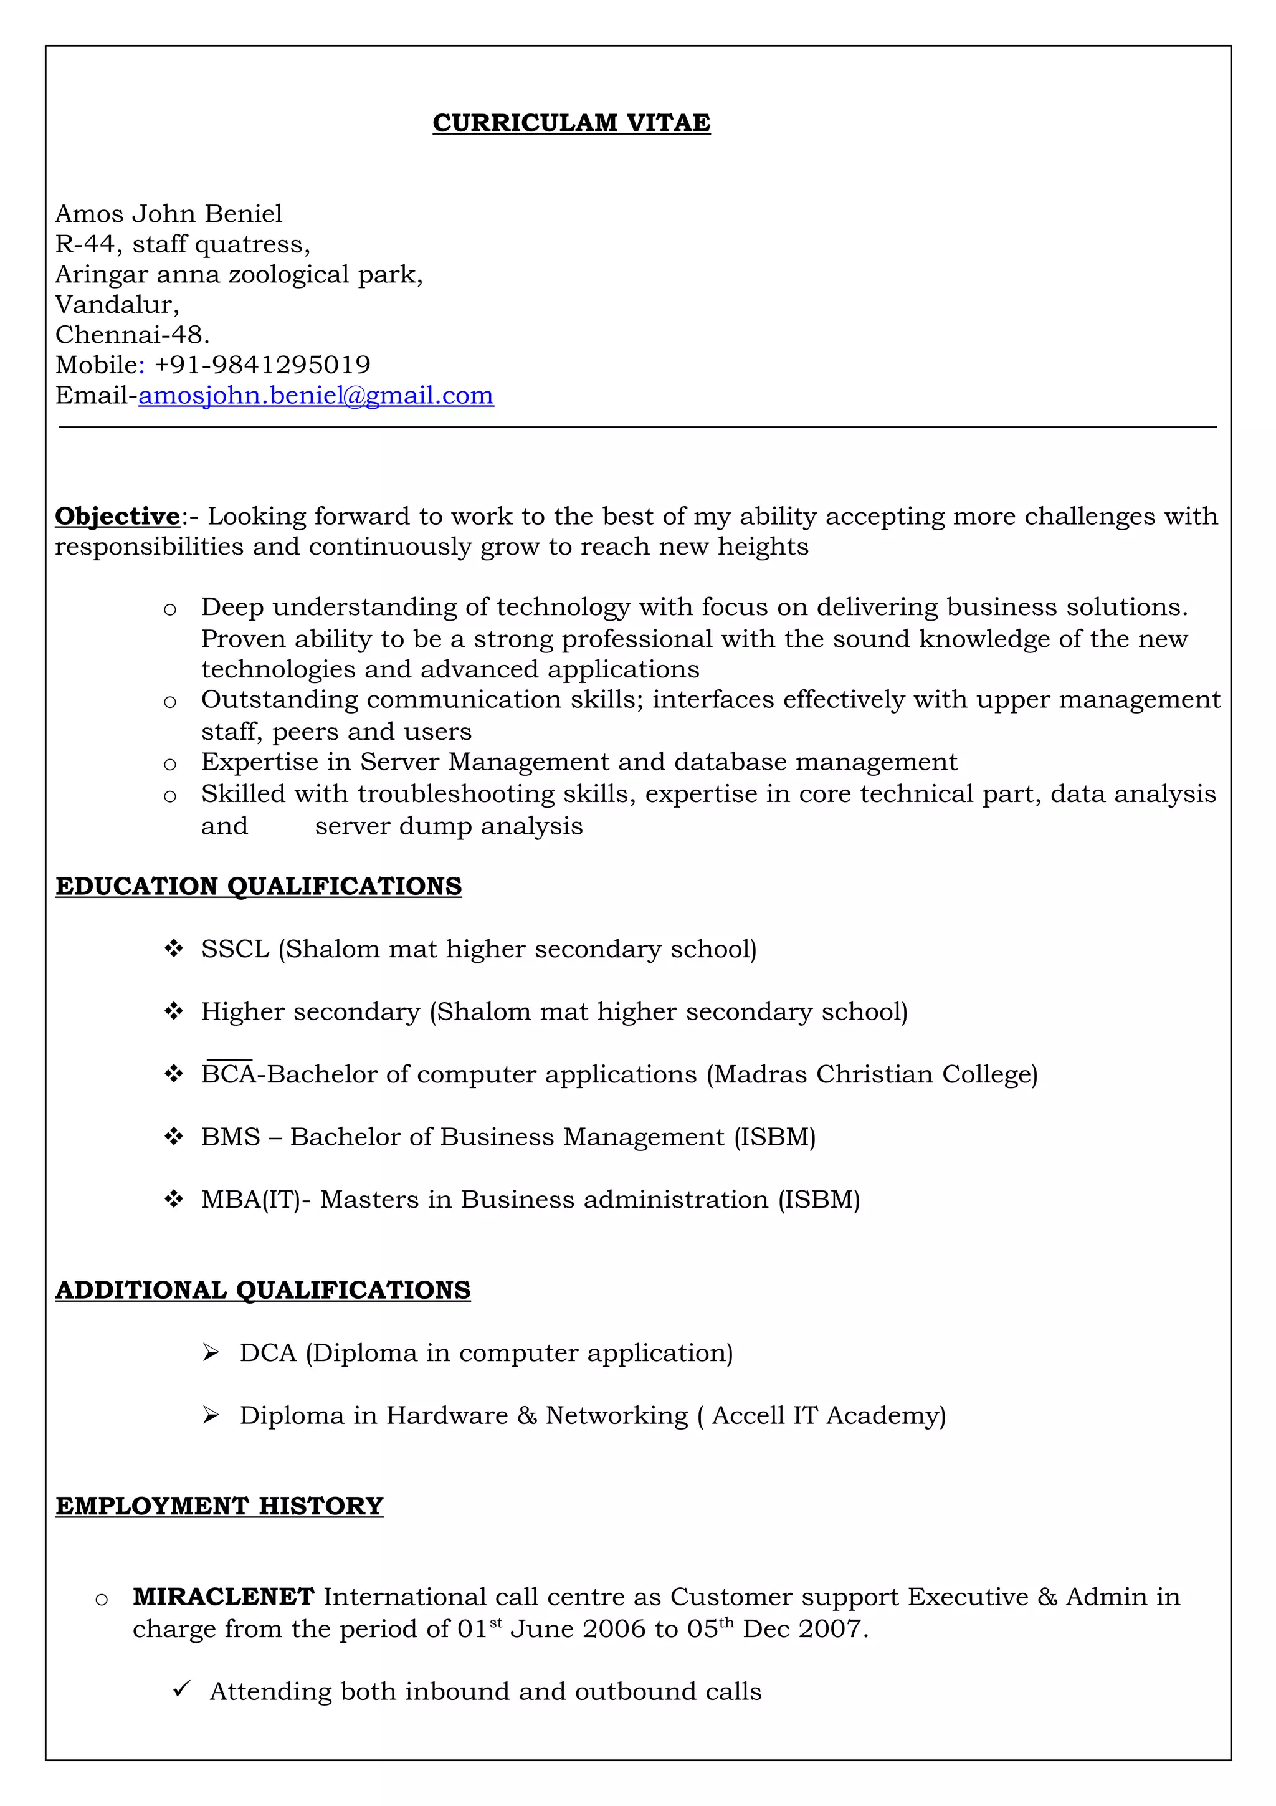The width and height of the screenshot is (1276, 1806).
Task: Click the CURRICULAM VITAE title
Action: coord(571,123)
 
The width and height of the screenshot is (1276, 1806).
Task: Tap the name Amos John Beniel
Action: coord(168,214)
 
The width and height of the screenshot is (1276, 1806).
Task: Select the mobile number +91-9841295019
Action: coord(262,365)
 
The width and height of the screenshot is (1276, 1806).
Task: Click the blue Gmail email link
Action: coord(316,395)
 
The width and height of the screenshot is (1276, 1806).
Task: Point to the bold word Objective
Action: coord(117,516)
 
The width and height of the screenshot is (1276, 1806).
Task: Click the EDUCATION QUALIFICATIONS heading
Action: coord(259,886)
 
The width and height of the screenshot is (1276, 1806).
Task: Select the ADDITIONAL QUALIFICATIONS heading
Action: coord(262,1290)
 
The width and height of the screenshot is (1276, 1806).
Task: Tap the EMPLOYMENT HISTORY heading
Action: coord(219,1506)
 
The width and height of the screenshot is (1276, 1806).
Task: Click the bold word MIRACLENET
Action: coord(223,1597)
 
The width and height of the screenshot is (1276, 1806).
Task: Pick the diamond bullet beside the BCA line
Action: coord(174,1074)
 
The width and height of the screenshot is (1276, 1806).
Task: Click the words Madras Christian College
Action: coord(872,1074)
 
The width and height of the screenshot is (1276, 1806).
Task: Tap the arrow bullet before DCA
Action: coord(210,1353)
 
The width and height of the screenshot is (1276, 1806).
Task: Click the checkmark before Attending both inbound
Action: coord(181,1689)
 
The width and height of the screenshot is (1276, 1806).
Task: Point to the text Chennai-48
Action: coord(132,335)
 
